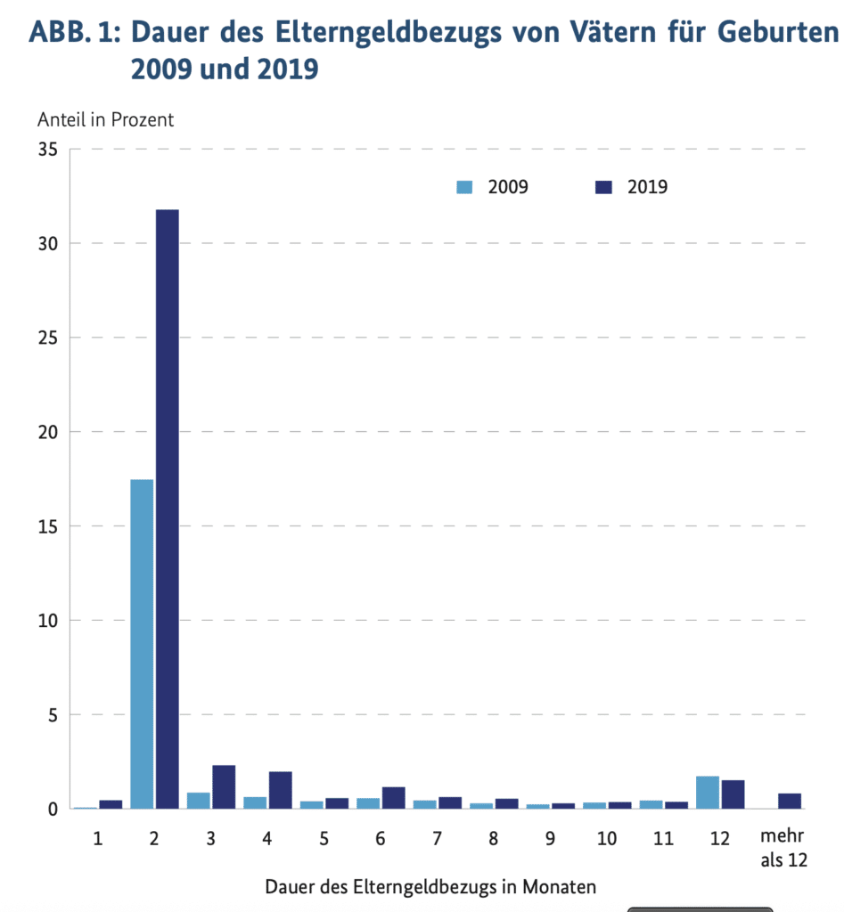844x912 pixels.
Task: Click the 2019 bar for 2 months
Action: (167, 509)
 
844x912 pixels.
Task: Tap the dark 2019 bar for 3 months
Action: (224, 786)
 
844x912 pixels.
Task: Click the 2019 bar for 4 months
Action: (280, 790)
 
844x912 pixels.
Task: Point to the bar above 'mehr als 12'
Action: (790, 801)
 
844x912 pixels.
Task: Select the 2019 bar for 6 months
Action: (393, 797)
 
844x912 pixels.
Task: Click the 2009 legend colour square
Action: (464, 187)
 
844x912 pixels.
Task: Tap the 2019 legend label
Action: (647, 187)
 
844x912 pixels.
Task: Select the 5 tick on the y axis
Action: (53, 715)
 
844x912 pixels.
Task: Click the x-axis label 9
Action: (551, 839)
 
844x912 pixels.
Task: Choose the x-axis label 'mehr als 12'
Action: (784, 848)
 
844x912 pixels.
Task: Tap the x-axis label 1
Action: (98, 839)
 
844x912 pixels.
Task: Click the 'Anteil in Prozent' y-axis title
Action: (105, 119)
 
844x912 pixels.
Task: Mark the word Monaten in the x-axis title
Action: (559, 887)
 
